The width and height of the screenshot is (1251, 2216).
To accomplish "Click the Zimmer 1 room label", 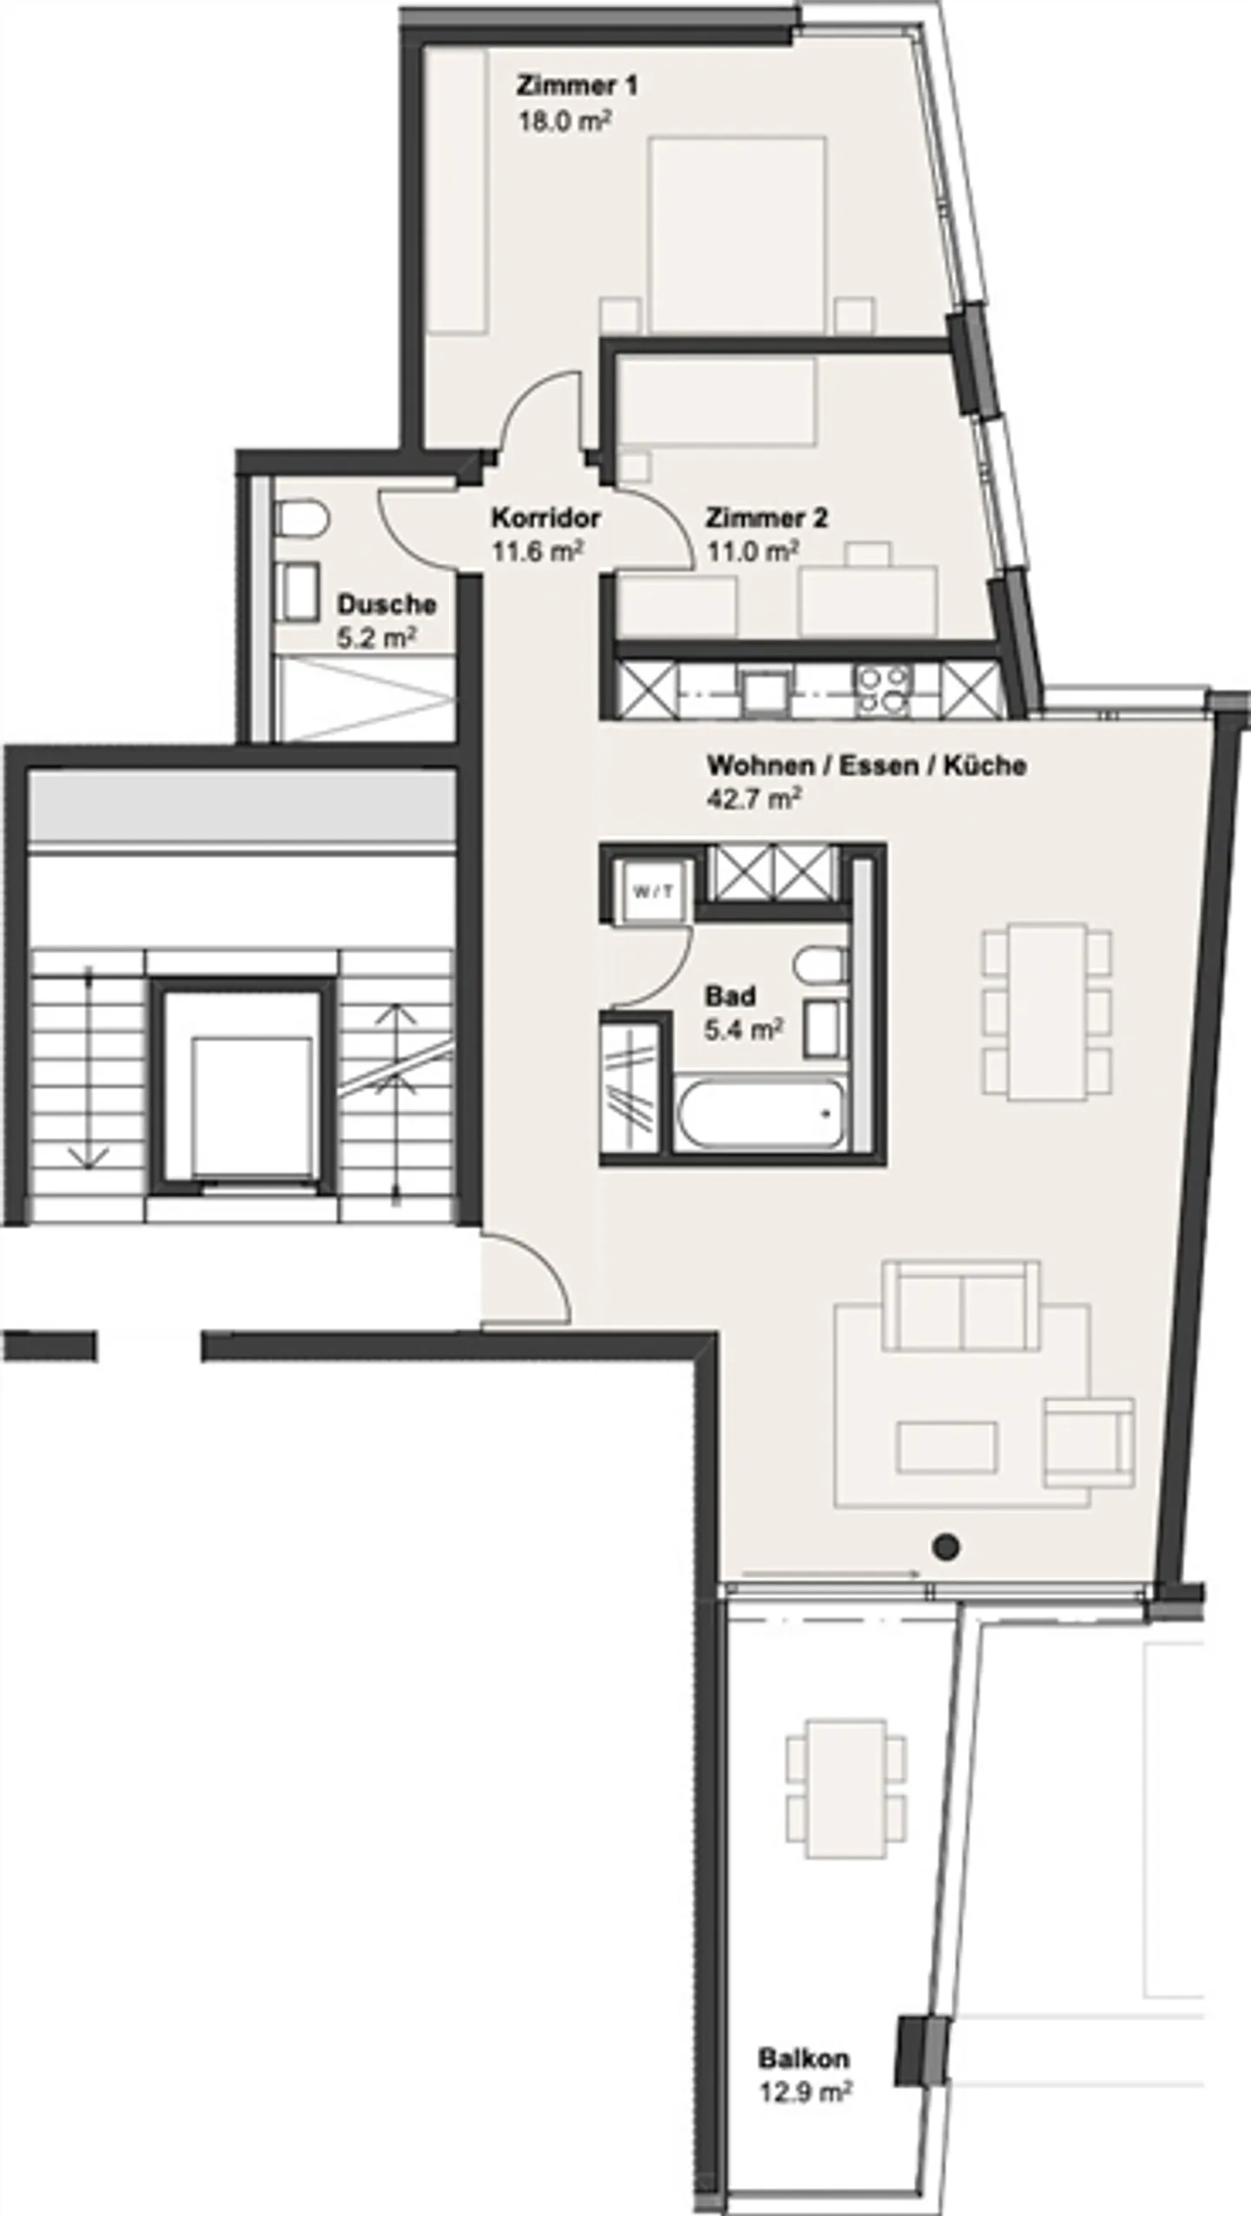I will point(577,86).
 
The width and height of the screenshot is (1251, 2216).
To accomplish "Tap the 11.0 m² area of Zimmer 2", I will point(752,551).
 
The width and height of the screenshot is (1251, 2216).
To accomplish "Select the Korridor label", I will point(546,518).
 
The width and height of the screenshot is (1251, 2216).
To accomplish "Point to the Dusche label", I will point(387,604).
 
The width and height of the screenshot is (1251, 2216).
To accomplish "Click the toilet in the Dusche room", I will point(300,520).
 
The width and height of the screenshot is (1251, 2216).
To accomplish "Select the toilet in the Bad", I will point(818,964).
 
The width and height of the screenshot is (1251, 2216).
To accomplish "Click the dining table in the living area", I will point(1047,1012).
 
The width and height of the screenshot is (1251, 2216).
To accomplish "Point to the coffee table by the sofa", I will point(947,1446).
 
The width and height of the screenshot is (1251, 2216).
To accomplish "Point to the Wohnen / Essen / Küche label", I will point(866,765).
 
